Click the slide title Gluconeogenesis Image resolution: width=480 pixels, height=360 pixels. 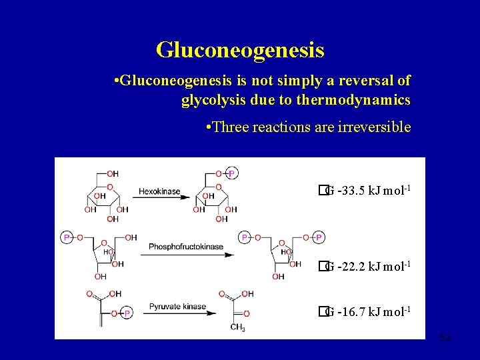240,49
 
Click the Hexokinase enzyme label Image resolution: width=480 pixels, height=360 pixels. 159,191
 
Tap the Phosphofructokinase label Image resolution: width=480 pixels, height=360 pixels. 186,247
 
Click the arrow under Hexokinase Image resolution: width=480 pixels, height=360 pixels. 161,197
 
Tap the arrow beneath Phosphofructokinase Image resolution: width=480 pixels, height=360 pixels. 191,254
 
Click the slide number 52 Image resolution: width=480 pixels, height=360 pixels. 445,338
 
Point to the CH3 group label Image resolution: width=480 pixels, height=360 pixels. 238,327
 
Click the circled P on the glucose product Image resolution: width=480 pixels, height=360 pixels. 231,173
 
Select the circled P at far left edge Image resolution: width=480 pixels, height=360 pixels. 67,237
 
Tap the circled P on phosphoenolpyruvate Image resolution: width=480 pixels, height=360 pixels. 127,313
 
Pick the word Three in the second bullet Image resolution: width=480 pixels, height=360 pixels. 232,127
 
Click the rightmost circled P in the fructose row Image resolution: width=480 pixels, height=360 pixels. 319,237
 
